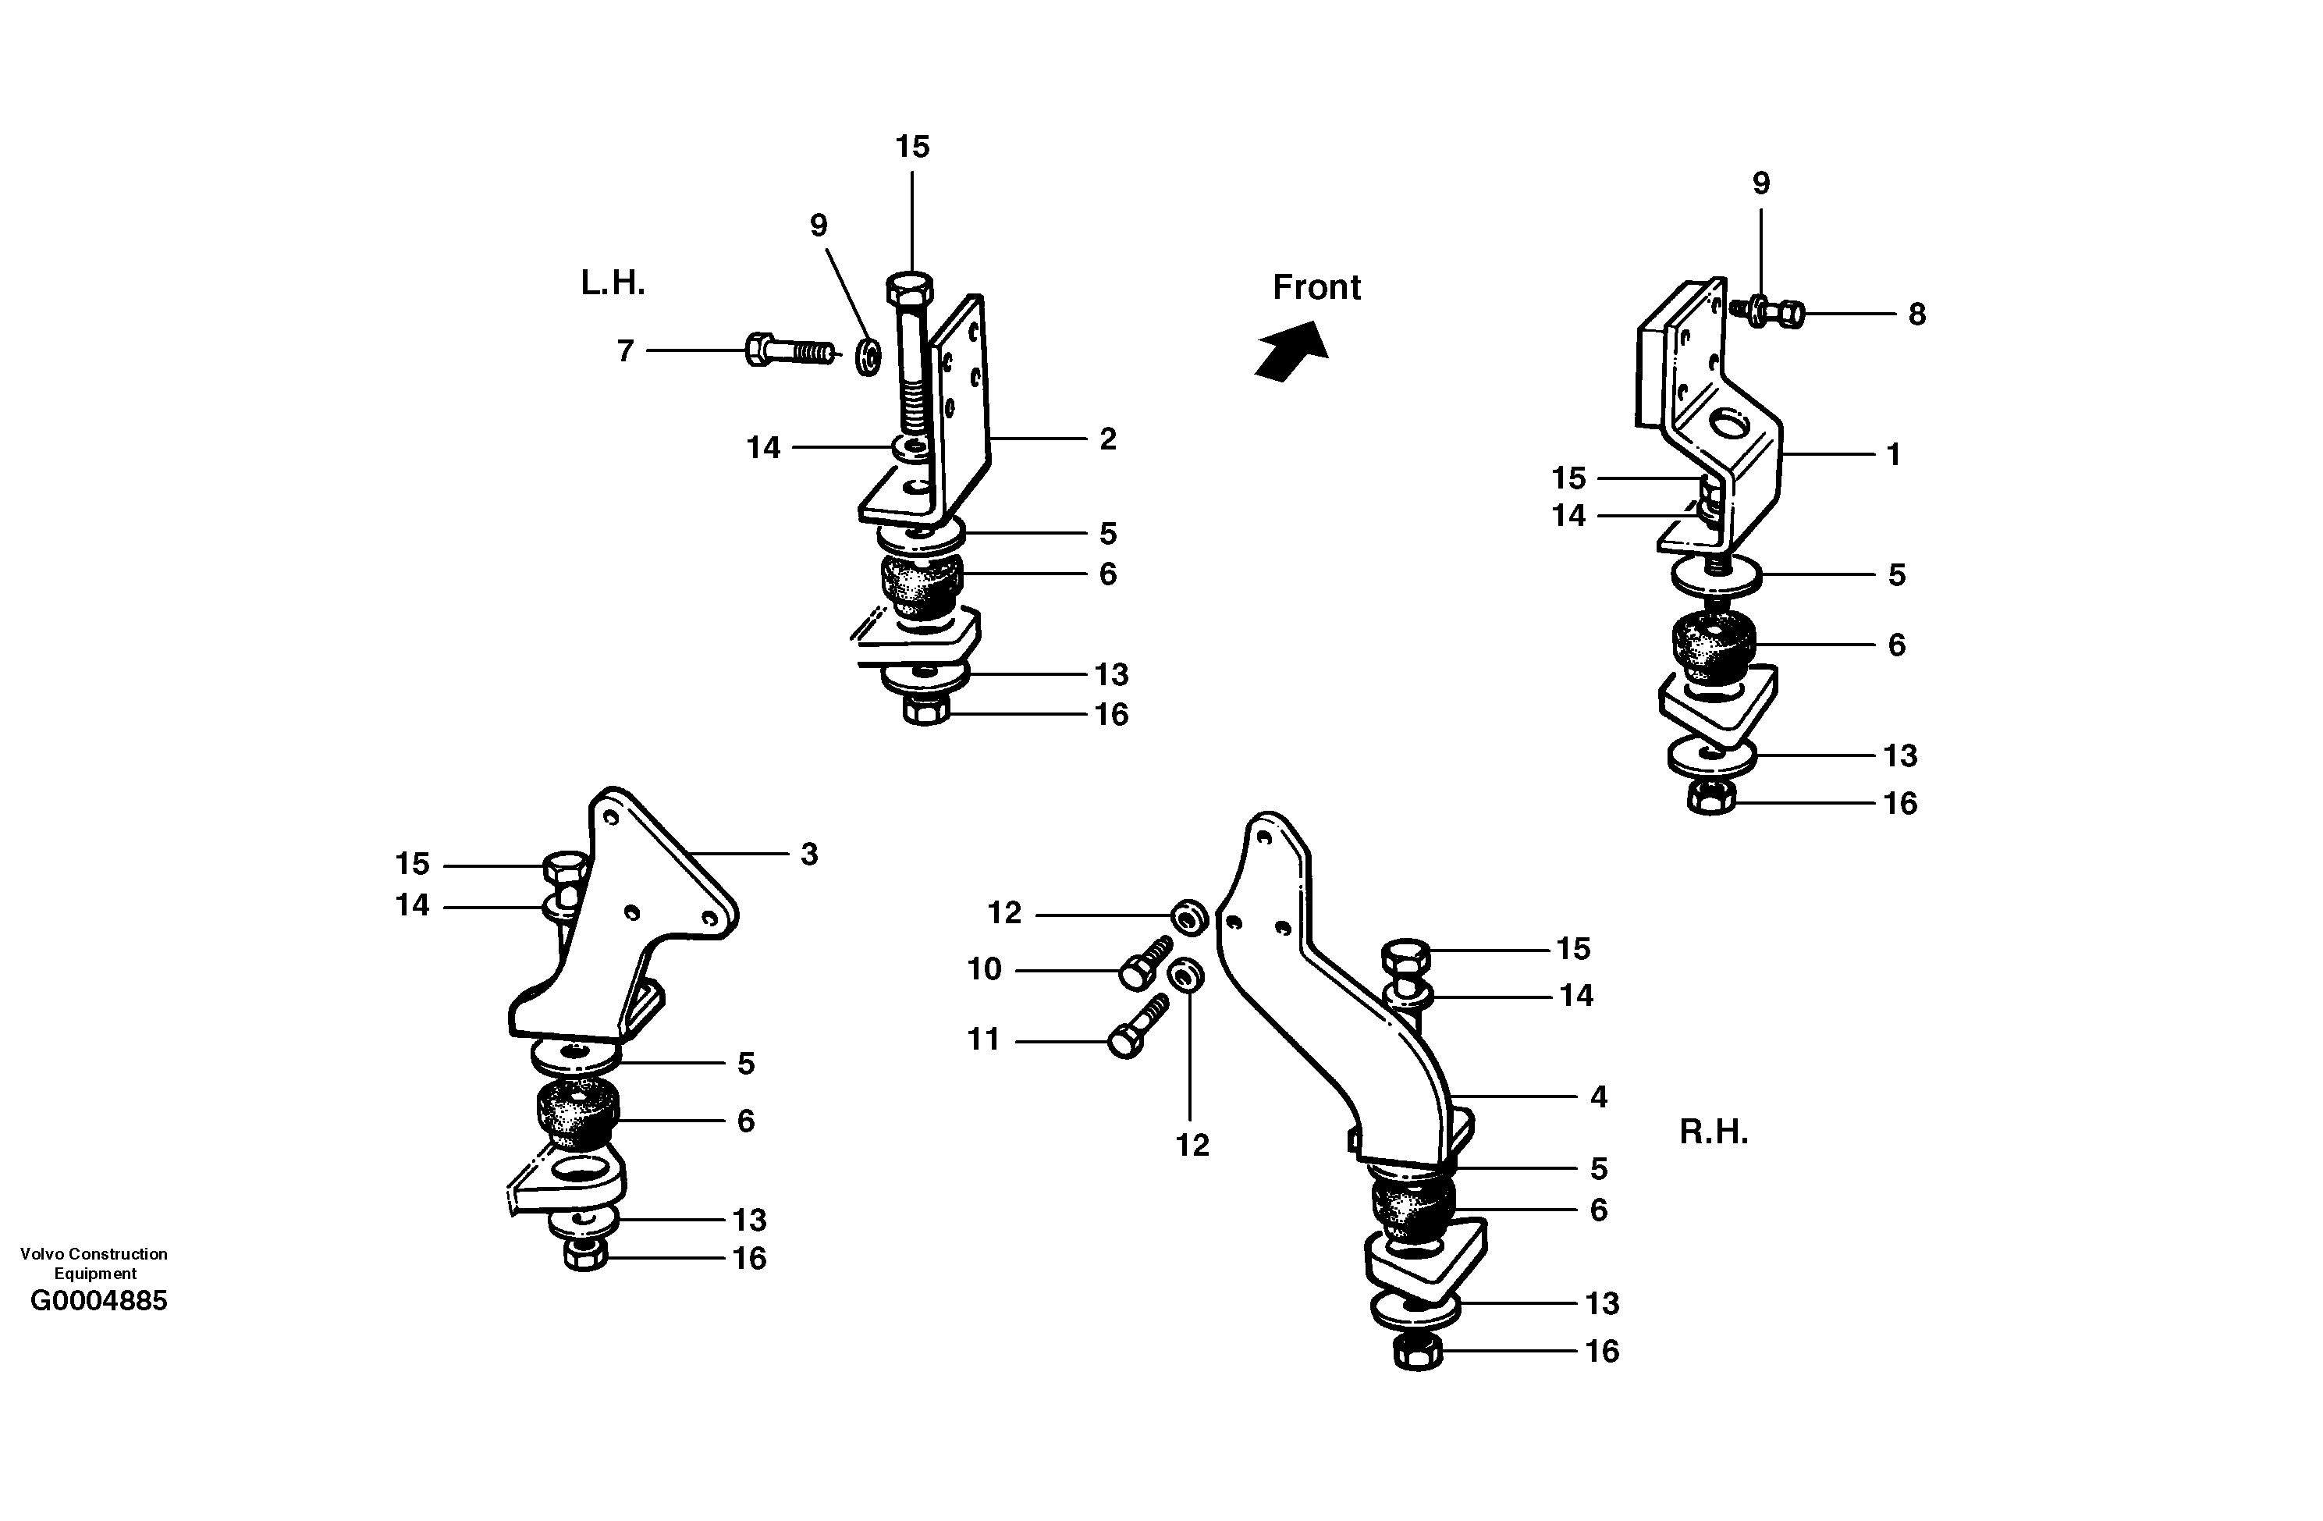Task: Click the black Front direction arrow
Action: point(1291,351)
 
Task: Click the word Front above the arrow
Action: point(1316,287)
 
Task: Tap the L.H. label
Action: point(613,283)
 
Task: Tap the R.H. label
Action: point(1713,1132)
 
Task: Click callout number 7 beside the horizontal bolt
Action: point(626,350)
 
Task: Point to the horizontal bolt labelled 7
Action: point(789,350)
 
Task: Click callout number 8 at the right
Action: point(1916,315)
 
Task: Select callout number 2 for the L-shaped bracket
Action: point(1106,439)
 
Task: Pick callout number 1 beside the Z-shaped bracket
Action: point(1892,455)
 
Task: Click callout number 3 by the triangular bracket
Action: point(808,855)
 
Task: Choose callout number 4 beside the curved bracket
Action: point(1598,1097)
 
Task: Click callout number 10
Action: point(984,969)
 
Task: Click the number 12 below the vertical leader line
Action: point(1192,1145)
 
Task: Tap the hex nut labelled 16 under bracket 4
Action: point(1417,1353)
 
